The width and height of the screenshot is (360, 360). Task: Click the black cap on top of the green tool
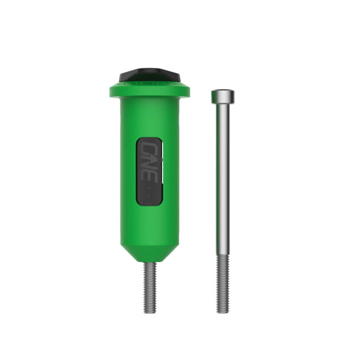(x=149, y=75)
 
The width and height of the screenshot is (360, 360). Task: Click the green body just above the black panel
(x=149, y=123)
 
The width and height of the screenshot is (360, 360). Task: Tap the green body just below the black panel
(x=149, y=222)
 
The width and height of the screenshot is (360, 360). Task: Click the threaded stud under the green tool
(x=149, y=288)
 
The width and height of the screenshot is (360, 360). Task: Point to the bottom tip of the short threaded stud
(x=149, y=311)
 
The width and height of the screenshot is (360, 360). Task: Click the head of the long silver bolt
(x=223, y=97)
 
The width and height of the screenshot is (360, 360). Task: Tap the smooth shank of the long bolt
(x=223, y=180)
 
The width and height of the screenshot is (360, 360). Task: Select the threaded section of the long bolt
(x=223, y=282)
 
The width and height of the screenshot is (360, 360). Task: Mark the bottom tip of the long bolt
(x=223, y=311)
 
